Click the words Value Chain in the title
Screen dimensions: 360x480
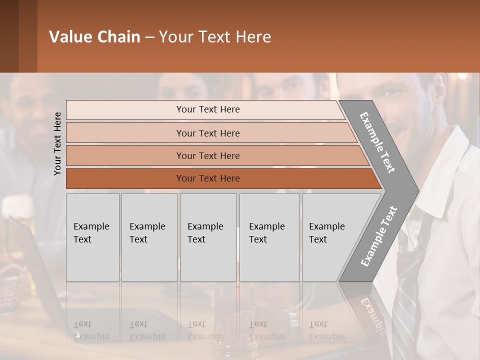94,37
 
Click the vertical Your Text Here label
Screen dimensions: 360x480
57,143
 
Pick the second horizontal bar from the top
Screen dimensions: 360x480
208,133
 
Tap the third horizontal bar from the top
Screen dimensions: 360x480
208,155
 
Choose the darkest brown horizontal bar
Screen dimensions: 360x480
208,178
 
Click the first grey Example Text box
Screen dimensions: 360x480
92,237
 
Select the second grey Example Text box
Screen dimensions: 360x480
149,237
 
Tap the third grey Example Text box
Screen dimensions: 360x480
208,237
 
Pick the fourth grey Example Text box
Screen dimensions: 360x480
269,237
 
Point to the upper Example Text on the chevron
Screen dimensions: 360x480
377,142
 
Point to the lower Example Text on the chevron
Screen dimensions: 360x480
379,236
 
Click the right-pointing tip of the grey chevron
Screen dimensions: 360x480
416,190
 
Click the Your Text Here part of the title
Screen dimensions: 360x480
215,37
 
